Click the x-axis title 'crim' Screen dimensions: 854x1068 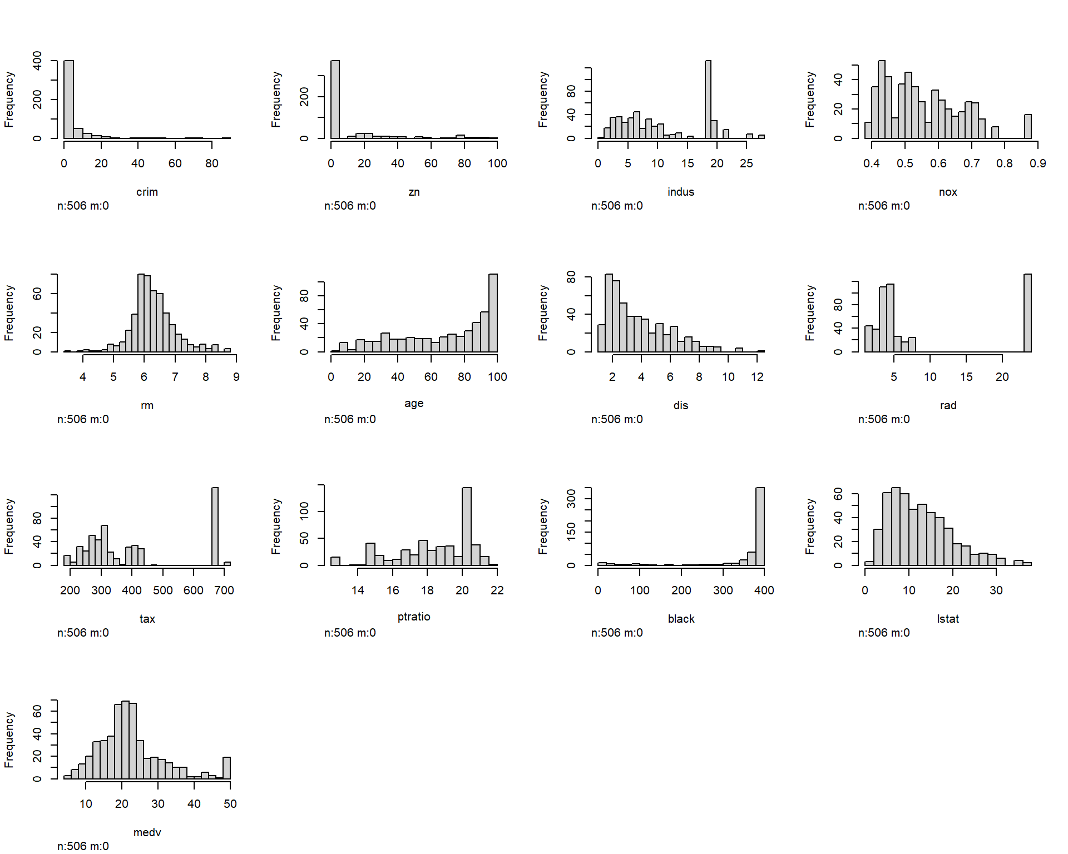(x=147, y=192)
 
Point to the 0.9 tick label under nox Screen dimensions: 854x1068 (x=1037, y=163)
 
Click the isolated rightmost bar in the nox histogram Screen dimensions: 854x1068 (x=1027, y=127)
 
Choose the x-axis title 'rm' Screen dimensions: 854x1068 (x=147, y=405)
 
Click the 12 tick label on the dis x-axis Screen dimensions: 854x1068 (x=756, y=377)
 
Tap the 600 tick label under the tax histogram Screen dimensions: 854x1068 (x=193, y=590)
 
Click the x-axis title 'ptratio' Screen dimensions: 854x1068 (x=414, y=617)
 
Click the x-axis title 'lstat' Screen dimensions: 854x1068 (x=948, y=619)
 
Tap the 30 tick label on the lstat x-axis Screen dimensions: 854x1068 (x=996, y=590)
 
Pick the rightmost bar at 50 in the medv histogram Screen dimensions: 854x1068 (x=226, y=768)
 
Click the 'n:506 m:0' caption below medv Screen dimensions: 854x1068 (x=83, y=846)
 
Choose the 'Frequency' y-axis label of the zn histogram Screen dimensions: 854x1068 (x=276, y=99)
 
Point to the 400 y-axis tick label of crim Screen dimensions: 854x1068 (x=37, y=60)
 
